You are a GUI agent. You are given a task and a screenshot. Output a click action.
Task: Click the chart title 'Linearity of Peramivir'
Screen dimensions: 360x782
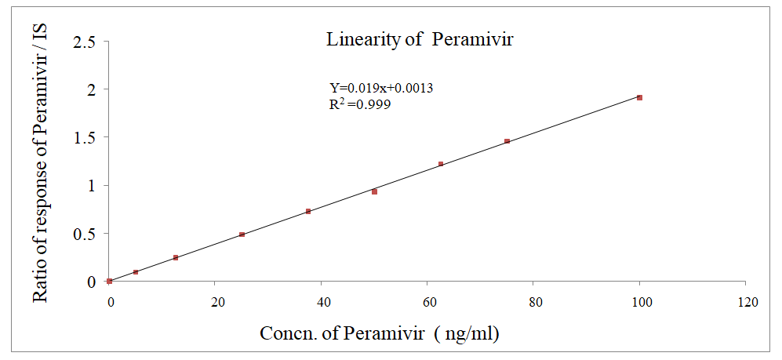(420, 40)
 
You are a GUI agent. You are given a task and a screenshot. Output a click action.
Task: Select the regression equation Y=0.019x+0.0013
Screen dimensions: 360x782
(381, 88)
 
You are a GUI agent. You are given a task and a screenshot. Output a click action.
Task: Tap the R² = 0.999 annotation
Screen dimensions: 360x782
(360, 104)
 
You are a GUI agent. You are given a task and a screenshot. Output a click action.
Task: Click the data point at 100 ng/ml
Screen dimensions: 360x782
(640, 97)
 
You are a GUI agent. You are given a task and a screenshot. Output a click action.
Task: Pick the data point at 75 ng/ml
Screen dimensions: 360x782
(507, 141)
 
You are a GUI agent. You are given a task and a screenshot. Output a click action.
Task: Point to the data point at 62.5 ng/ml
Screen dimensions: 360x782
(441, 164)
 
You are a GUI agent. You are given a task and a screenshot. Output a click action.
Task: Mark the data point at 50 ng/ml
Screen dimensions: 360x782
(375, 191)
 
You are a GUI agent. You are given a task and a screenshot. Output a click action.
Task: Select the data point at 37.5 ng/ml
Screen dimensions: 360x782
(308, 211)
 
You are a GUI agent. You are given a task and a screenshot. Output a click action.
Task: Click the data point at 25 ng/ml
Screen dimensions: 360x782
(242, 235)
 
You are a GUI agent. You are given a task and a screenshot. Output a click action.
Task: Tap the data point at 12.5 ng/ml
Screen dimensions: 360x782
(176, 257)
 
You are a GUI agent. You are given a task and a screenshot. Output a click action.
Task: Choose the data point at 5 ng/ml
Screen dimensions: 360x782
(136, 272)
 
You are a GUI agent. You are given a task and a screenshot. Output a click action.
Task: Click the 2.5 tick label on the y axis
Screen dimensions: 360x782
(84, 42)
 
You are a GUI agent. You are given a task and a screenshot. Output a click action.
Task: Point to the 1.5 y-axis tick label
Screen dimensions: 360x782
(84, 137)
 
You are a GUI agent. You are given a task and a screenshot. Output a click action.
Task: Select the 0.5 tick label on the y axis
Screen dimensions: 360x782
(84, 234)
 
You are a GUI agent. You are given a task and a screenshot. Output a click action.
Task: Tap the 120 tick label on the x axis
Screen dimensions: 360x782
(748, 303)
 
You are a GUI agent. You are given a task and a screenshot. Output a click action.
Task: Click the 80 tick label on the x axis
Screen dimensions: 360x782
(533, 303)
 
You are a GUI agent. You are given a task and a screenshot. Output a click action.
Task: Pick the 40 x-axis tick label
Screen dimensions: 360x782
(322, 303)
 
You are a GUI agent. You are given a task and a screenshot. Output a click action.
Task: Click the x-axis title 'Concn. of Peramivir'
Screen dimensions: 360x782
(380, 333)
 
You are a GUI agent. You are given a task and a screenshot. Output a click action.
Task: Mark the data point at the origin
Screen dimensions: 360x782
(110, 281)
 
